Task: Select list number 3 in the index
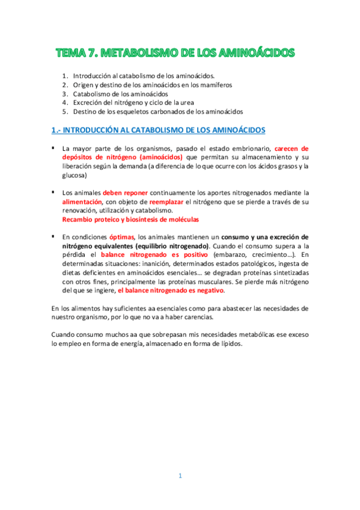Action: pos(65,94)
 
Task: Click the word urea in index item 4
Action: pos(207,103)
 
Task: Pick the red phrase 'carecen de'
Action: pos(291,148)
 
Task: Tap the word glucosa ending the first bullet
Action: pos(75,175)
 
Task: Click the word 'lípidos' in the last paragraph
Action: pos(229,343)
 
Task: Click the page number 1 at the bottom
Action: pos(180,476)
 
